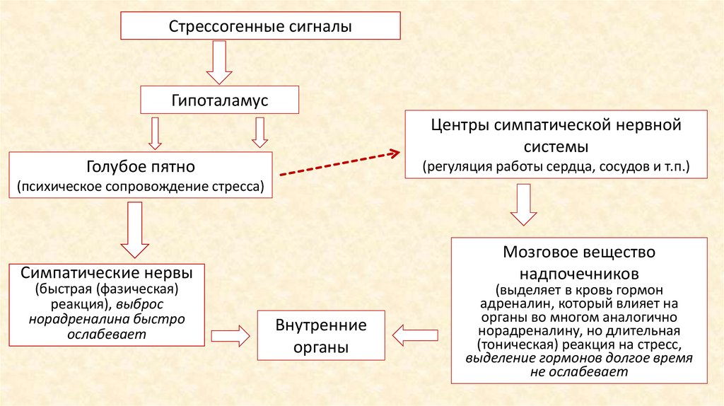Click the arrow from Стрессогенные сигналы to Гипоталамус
pos(219,63)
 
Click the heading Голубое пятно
pos(141,168)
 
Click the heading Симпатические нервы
pos(107,273)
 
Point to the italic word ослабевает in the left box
pos(107,335)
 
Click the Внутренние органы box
pos(321,335)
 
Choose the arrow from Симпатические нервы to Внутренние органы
pos(231,335)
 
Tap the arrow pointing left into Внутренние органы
pos(417,335)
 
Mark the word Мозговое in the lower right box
pos(538,253)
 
